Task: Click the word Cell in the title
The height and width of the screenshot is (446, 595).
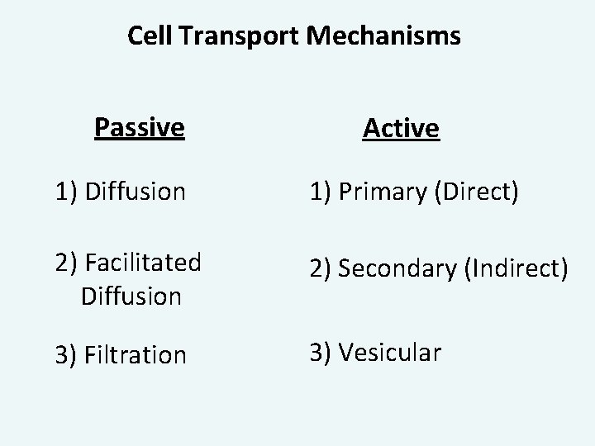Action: pos(148,36)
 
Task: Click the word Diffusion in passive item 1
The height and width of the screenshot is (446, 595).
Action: pos(136,192)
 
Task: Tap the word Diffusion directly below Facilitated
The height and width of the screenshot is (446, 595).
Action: pos(131,296)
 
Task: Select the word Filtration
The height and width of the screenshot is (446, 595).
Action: pos(136,356)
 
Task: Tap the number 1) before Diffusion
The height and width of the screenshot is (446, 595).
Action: pos(68,192)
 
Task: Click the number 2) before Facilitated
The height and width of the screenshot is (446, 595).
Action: pos(68,264)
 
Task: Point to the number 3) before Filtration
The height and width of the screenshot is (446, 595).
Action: pos(68,356)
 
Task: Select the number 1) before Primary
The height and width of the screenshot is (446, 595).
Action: pos(324,192)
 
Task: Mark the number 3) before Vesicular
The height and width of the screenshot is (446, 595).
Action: pos(324,353)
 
